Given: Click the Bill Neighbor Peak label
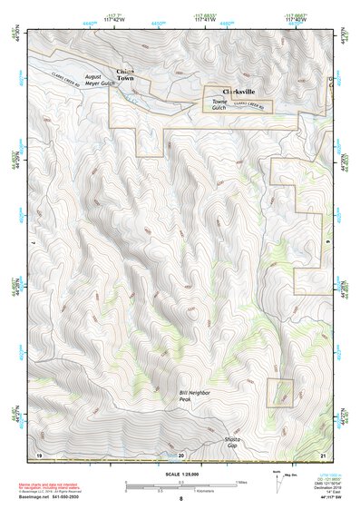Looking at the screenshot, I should pos(194,395).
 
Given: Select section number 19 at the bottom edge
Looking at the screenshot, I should pos(39,453).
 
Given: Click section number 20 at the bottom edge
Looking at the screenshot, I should pos(181,453).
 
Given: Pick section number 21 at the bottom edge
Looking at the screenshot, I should pos(323,453).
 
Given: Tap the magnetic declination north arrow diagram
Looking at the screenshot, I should pos(277,482).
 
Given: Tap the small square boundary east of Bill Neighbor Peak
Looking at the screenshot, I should pos(281,391).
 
